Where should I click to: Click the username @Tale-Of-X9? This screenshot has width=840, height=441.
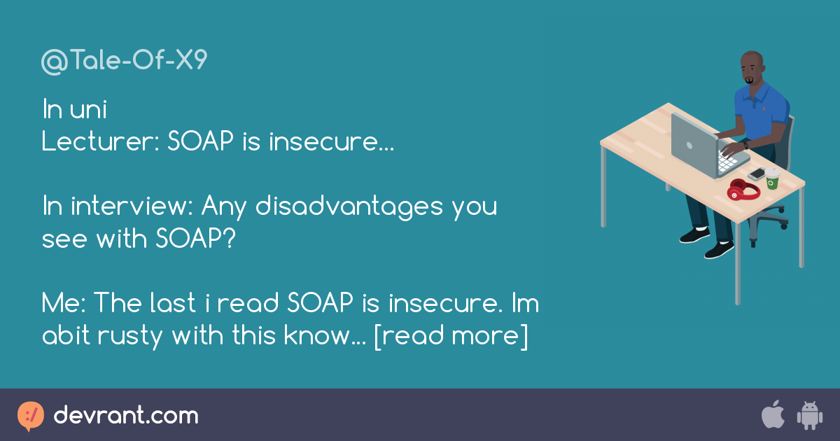(x=125, y=62)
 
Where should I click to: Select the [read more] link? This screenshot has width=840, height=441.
(x=451, y=336)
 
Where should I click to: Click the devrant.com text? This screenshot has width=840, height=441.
(x=126, y=416)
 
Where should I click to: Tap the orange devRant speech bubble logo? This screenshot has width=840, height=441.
(x=31, y=416)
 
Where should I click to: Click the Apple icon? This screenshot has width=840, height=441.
(x=773, y=415)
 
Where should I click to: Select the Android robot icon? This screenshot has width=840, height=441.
(x=809, y=416)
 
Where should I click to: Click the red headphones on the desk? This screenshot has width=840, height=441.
(x=742, y=190)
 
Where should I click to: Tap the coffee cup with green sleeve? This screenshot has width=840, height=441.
(x=771, y=178)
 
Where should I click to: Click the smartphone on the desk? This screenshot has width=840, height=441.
(x=756, y=174)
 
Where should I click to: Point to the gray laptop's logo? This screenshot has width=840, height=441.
(x=689, y=146)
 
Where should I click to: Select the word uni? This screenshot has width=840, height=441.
(x=89, y=111)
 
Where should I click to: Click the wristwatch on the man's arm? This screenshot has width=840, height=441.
(x=746, y=144)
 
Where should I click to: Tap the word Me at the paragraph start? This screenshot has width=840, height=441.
(x=62, y=304)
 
